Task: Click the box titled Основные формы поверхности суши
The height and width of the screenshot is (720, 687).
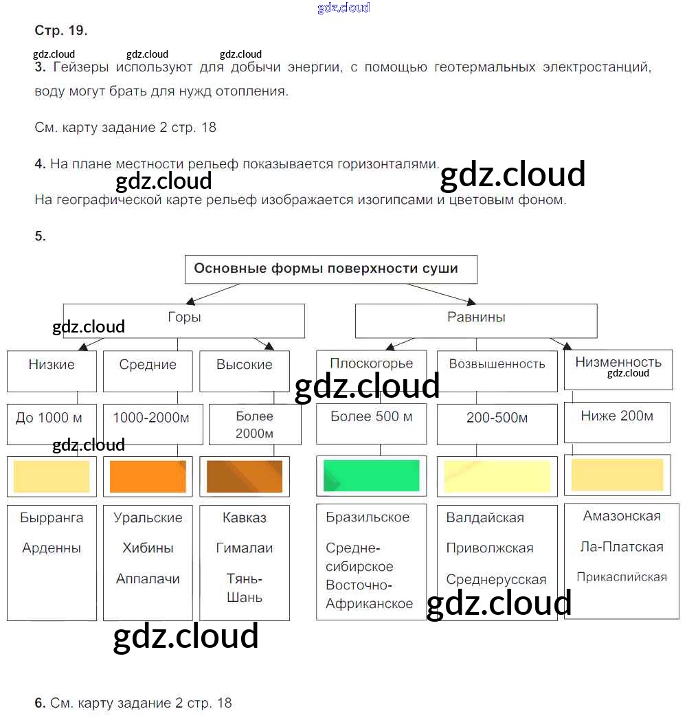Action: pos(330,269)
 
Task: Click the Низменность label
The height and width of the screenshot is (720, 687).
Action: pos(618,362)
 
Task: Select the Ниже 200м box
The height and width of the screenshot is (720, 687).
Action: pos(616,421)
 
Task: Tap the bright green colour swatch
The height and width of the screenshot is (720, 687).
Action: pos(371,475)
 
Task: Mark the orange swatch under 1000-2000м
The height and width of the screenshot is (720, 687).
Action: pos(148,476)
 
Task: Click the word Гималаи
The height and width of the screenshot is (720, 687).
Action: pos(245,548)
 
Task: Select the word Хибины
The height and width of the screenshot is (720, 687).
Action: pos(148,548)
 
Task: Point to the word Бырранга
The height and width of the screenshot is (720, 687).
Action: pos(52,518)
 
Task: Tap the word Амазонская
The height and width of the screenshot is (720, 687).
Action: pos(622,516)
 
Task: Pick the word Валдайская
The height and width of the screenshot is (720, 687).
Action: pos(485,518)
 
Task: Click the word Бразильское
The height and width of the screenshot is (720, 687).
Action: pos(368,517)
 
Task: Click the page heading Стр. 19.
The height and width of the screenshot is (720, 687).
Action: pos(60,31)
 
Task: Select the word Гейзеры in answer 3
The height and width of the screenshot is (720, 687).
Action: pos(80,67)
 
